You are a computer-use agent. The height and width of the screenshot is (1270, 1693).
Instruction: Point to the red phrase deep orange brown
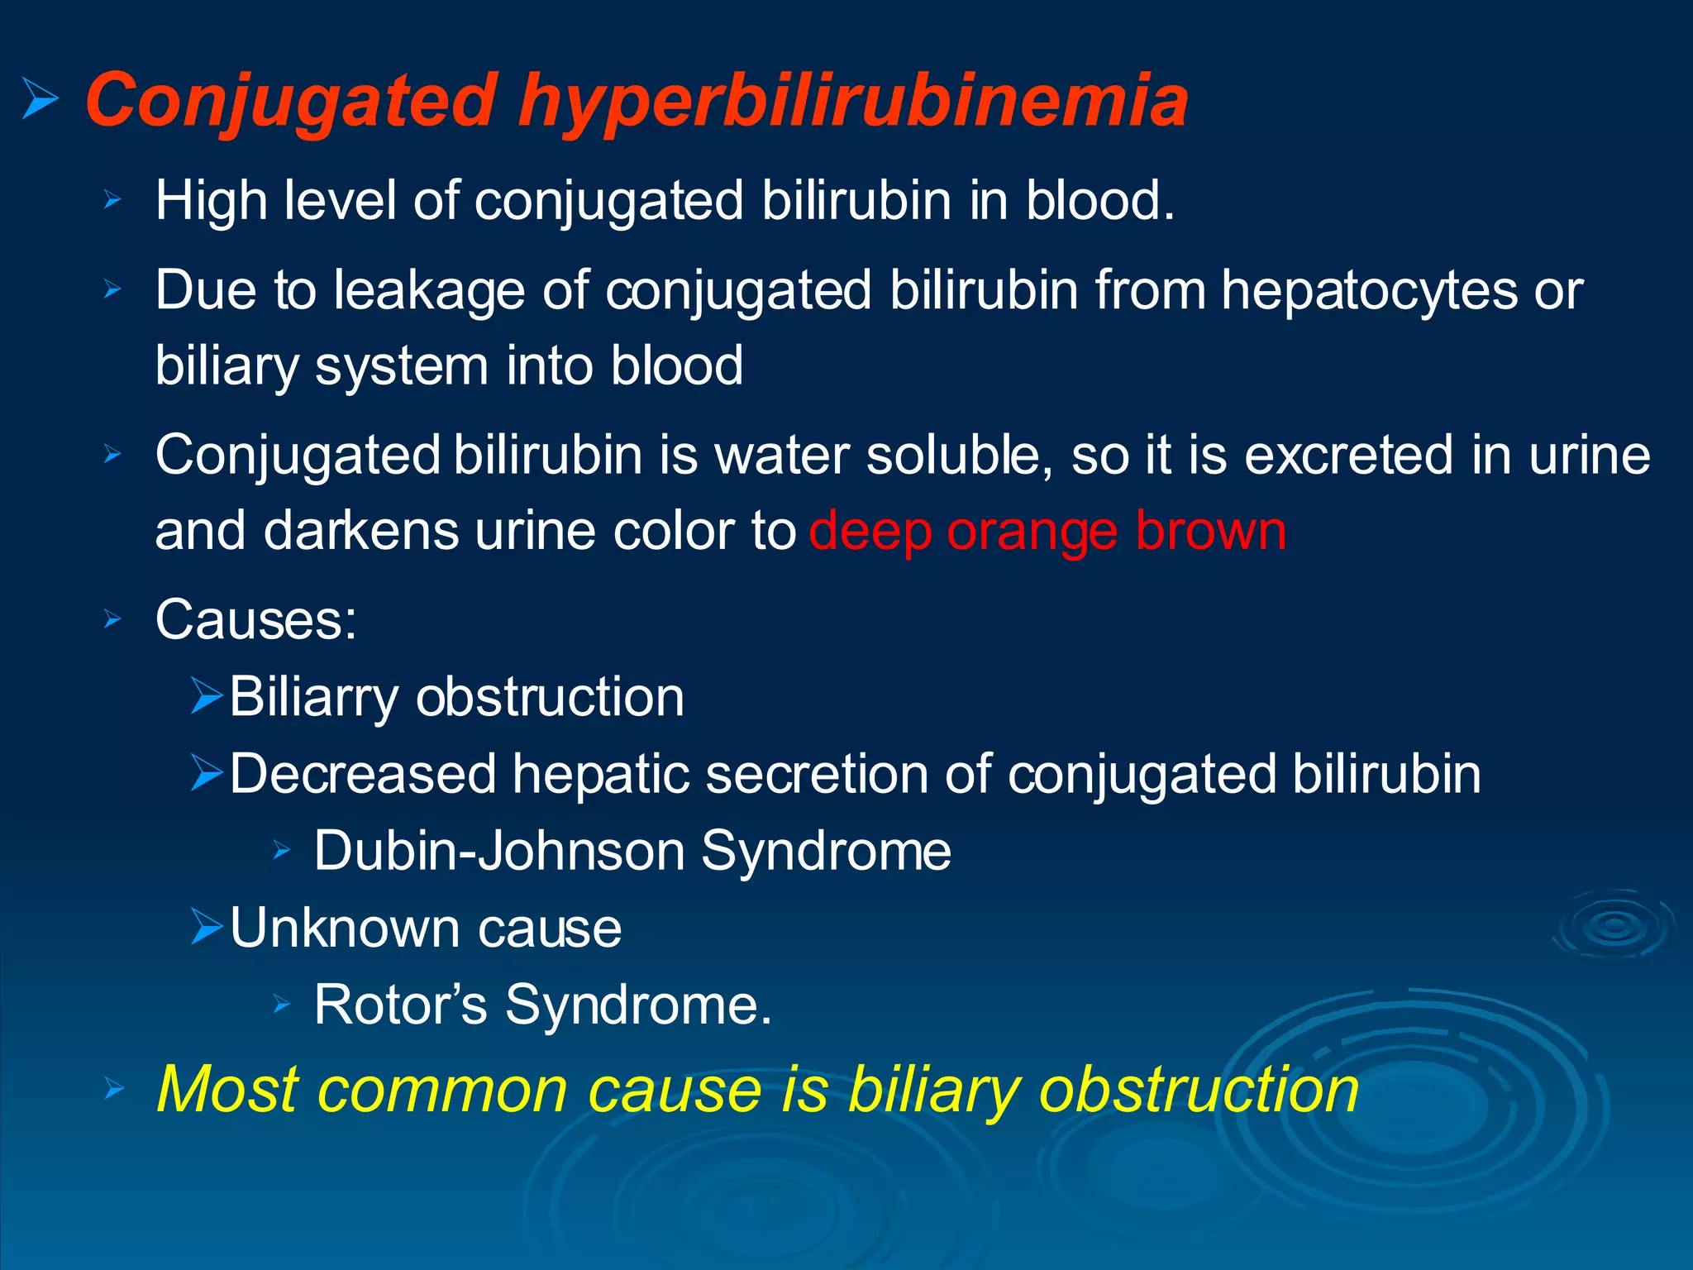click(1047, 531)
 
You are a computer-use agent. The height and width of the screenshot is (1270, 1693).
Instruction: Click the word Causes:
click(256, 619)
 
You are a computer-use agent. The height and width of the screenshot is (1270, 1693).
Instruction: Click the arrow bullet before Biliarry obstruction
click(207, 695)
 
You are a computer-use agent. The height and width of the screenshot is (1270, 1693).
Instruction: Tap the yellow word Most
click(227, 1090)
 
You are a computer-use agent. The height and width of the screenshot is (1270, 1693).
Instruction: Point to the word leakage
click(428, 291)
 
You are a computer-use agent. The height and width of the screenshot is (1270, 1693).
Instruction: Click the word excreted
click(1348, 456)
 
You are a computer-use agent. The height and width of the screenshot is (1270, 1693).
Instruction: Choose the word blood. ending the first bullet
click(1099, 201)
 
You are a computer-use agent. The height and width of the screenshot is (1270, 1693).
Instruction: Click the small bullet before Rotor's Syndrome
click(282, 1005)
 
